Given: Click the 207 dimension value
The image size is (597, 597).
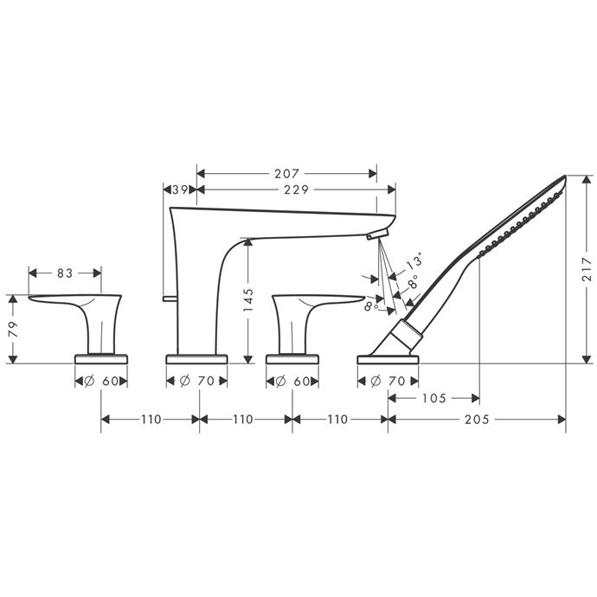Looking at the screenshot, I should pos(286,172).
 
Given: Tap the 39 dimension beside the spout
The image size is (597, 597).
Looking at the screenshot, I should pos(181,189).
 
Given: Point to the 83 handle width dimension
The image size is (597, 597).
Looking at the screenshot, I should pos(65,273).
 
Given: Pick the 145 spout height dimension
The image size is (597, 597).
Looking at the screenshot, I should pos(248,299).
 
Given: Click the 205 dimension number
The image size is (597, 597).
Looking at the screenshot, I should pos(476,420).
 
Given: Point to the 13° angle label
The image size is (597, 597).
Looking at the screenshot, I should pos(415,261).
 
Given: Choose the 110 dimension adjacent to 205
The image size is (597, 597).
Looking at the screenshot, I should pos(337,420).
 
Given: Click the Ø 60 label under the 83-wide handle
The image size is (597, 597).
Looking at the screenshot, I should pos(101,381).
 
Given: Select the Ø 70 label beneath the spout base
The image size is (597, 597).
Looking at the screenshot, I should pos(197,381).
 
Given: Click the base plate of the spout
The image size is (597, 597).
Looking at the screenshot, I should pos(197,357).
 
